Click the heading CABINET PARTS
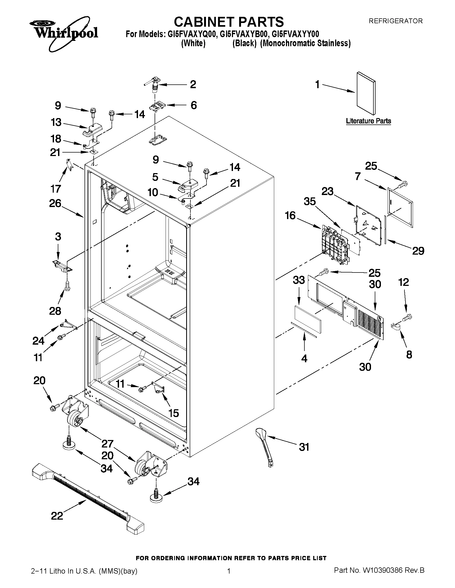click(x=229, y=22)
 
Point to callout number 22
click(x=57, y=516)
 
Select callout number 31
click(x=304, y=447)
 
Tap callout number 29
click(x=418, y=251)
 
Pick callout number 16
click(x=290, y=215)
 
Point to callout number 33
click(x=299, y=280)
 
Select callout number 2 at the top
click(x=193, y=84)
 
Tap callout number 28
click(x=55, y=311)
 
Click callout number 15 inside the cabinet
click(x=173, y=413)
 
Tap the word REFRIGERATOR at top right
click(x=395, y=21)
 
